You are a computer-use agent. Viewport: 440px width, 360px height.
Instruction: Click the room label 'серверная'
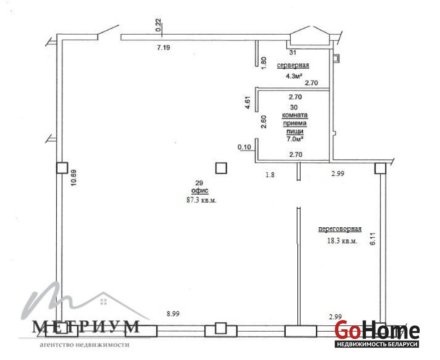293,65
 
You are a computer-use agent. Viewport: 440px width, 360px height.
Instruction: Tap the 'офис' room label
199,191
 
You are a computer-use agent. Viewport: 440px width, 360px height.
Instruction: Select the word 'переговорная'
340,229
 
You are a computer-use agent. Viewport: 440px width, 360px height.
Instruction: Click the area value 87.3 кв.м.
201,200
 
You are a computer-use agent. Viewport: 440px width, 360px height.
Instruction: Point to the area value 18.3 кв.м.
342,241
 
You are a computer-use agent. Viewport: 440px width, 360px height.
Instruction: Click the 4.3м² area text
294,76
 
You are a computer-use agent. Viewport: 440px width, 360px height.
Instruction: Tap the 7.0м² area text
295,139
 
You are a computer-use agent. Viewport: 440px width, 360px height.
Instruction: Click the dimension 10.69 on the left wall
73,178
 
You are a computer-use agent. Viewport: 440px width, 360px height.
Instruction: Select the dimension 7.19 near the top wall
163,47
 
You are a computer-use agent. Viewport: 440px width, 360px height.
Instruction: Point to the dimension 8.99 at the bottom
173,314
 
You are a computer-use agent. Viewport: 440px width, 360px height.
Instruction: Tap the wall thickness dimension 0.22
158,25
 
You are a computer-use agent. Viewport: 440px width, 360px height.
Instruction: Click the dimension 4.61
247,103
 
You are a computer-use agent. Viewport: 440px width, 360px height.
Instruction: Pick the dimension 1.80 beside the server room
263,63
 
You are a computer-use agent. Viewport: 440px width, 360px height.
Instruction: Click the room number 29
199,183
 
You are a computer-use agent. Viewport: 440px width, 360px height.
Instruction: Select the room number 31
293,53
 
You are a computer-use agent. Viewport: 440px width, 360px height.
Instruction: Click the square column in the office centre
221,168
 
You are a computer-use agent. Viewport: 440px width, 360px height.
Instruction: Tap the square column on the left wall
62,168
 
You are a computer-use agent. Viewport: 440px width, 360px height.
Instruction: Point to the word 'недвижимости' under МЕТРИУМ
104,345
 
